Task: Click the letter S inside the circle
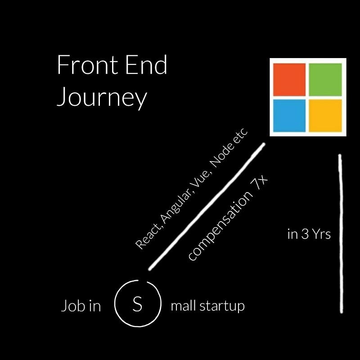[x=137, y=305]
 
